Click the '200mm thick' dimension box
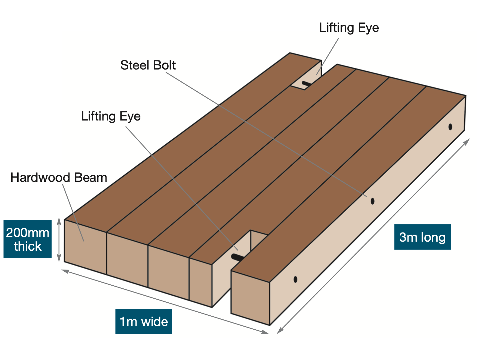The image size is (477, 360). (x=27, y=239)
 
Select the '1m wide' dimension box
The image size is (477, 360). (x=144, y=321)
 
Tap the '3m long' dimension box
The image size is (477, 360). (x=422, y=237)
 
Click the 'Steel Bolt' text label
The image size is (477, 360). (x=148, y=65)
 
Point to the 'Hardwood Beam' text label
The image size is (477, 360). (x=59, y=178)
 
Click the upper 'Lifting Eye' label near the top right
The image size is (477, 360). (x=349, y=28)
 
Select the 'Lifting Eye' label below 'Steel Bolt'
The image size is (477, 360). (x=111, y=117)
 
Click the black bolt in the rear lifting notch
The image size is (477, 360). (x=306, y=83)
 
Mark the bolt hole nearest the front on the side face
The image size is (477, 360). (x=295, y=279)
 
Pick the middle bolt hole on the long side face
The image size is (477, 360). (x=372, y=201)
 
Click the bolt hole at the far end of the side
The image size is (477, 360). (x=450, y=127)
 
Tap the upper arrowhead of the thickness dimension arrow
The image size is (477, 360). (x=59, y=221)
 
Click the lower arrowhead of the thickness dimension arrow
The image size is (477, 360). (x=59, y=258)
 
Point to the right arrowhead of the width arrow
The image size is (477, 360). (x=265, y=332)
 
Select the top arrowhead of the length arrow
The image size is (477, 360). (x=467, y=142)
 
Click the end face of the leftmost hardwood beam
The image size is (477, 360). (x=86, y=247)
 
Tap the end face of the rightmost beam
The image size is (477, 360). (x=250, y=298)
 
